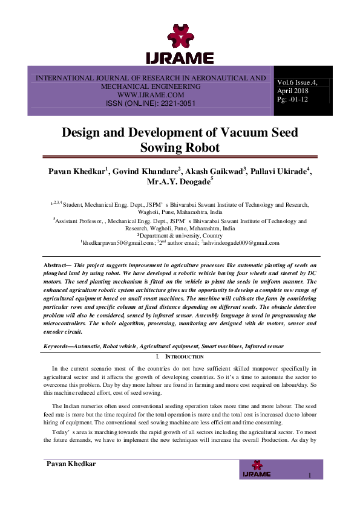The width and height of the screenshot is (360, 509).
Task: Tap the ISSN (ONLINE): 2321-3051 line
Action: coord(151,103)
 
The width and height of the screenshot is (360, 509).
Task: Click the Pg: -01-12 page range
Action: coord(292,99)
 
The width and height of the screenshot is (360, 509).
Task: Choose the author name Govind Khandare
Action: coord(147,172)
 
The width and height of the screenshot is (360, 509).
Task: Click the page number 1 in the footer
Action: coord(309,476)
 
